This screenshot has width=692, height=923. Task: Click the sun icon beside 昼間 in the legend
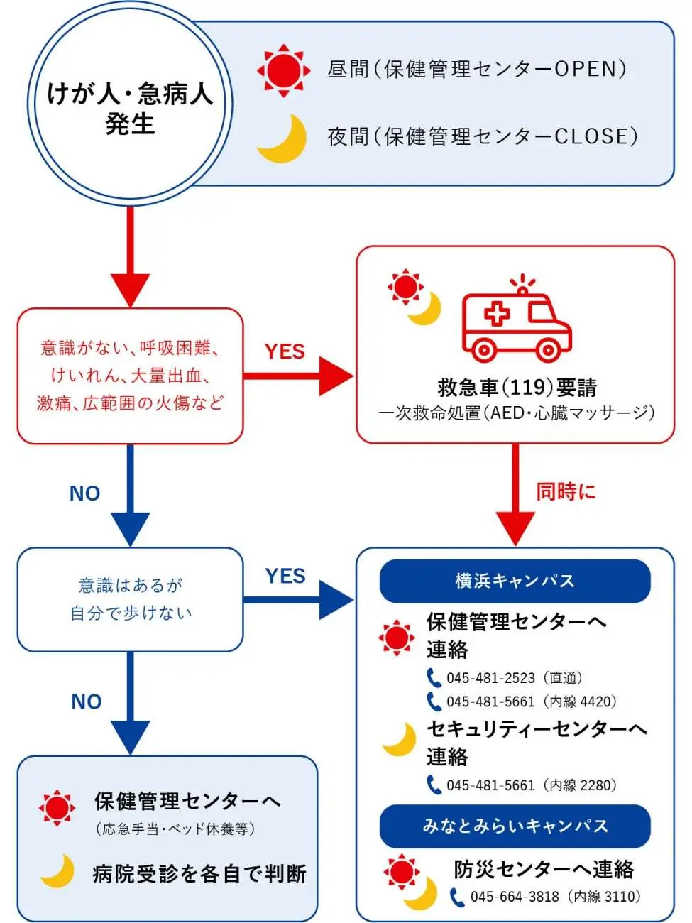click(283, 70)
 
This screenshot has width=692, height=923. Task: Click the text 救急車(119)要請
click(517, 388)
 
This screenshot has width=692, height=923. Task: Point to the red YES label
click(285, 351)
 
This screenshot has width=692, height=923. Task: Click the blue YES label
click(285, 576)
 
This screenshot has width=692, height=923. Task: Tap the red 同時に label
click(566, 491)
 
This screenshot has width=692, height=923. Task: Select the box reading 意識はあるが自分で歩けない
click(131, 600)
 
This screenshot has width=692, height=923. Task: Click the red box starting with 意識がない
click(131, 376)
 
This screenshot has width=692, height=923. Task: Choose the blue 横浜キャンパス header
click(515, 581)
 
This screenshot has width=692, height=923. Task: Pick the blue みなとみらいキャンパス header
click(515, 826)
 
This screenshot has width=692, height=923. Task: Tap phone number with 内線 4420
click(531, 702)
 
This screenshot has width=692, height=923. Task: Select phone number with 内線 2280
click(531, 785)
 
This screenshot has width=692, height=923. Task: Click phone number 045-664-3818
click(555, 897)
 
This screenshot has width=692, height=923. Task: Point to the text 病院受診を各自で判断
click(199, 874)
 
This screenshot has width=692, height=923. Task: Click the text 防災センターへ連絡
click(544, 869)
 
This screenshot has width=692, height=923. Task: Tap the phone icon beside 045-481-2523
click(434, 678)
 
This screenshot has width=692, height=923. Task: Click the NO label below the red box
click(84, 493)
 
